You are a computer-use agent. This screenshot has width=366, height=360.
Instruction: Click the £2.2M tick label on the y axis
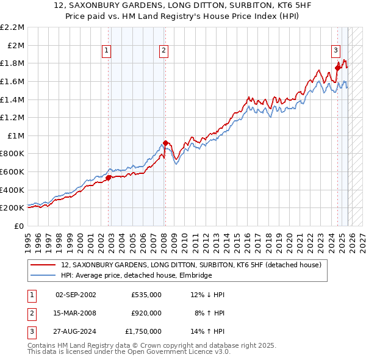click(x=12, y=27)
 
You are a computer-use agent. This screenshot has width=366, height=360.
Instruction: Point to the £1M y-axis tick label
click(x=15, y=135)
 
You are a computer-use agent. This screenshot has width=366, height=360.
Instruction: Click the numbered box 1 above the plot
click(x=107, y=51)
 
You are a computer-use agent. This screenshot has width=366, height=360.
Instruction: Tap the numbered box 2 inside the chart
click(x=164, y=51)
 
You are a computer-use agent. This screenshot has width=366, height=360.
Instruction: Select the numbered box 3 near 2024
click(x=335, y=51)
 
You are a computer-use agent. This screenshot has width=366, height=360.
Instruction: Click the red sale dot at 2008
click(x=165, y=143)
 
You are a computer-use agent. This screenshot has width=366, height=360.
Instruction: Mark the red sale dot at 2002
click(x=108, y=178)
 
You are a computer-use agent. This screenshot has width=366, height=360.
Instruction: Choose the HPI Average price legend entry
click(x=135, y=275)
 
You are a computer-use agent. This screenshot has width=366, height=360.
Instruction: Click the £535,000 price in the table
click(x=146, y=295)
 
